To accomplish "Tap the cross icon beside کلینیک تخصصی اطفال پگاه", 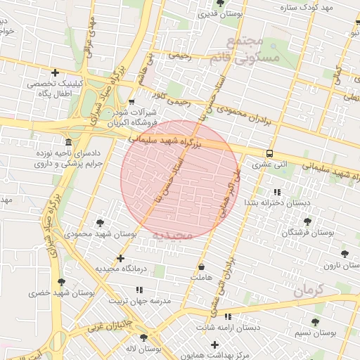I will [x=55, y=72].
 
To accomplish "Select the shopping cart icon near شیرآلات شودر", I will [x=131, y=101].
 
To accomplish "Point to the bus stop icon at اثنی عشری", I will [x=270, y=154].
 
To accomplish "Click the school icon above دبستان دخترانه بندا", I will [x=276, y=192].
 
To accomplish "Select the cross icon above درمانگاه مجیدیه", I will [x=121, y=258].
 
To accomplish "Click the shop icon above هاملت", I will [x=202, y=267].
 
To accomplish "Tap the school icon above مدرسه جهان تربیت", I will [x=139, y=289].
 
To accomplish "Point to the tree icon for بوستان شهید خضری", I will [x=62, y=282].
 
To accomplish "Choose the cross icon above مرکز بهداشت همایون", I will [x=215, y=345].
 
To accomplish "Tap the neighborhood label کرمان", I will [x=308, y=290].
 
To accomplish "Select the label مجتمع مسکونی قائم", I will [x=254, y=49].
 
